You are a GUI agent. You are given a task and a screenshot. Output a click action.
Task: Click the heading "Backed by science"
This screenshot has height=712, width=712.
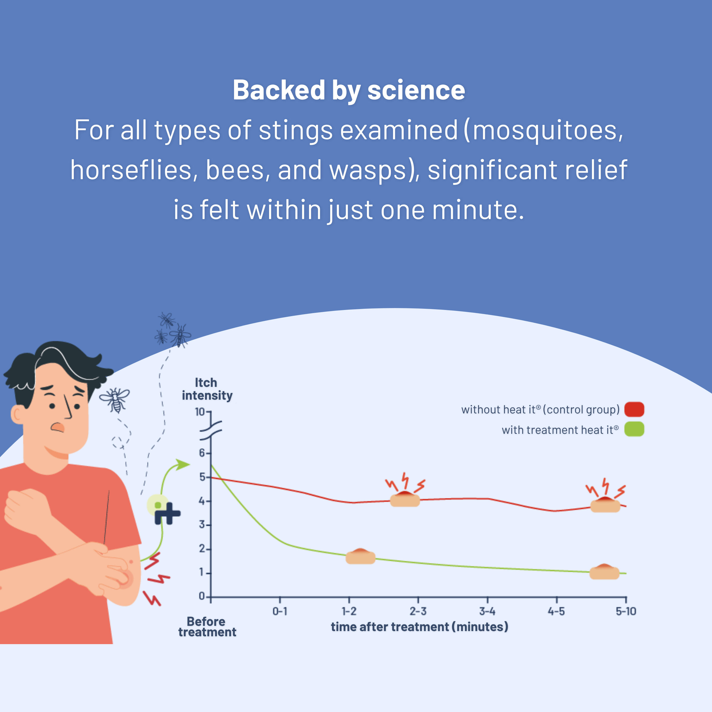349,90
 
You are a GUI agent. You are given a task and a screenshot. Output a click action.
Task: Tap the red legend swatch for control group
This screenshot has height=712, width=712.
634,409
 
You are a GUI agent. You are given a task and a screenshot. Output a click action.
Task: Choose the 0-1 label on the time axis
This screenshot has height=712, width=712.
280,611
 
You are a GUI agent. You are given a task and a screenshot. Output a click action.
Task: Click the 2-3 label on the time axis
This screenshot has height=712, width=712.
418,611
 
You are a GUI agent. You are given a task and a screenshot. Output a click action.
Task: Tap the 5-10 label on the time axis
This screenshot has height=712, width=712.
626,611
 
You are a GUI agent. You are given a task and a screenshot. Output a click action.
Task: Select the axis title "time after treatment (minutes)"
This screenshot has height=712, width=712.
419,627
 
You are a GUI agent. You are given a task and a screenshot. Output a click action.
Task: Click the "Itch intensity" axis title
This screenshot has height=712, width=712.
207,389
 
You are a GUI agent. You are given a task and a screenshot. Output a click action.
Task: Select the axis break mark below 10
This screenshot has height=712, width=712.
211,430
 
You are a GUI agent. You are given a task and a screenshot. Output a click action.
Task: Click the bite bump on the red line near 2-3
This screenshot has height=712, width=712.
405,499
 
